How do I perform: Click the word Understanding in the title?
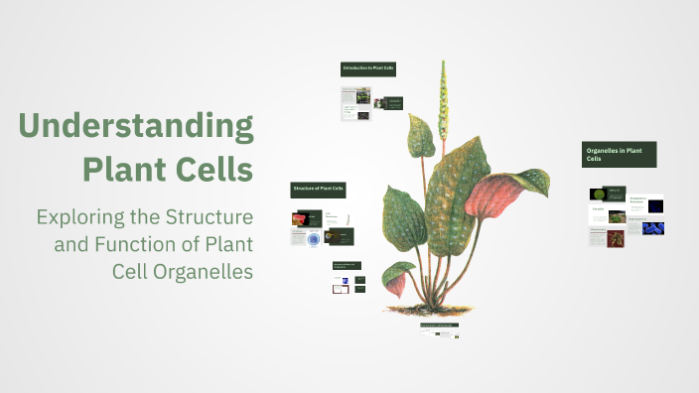pyautogui.click(x=136, y=127)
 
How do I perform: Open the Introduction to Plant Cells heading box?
pyautogui.click(x=367, y=68)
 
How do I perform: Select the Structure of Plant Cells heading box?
pyautogui.click(x=318, y=189)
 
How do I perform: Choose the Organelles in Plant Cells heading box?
pyautogui.click(x=619, y=153)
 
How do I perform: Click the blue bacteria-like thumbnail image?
pyautogui.click(x=653, y=228)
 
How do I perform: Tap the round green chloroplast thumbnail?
pyautogui.click(x=599, y=195)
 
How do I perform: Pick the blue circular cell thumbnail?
pyautogui.click(x=314, y=238)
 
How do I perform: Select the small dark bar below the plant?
pyautogui.click(x=439, y=325)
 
